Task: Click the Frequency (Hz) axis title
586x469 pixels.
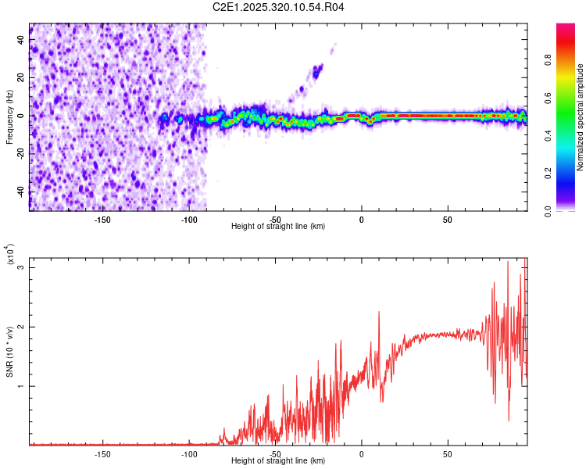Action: tap(9, 116)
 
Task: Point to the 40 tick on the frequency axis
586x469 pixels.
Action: tap(21, 39)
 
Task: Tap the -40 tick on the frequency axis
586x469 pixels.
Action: tap(21, 192)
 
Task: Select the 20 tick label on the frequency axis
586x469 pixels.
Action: tap(21, 77)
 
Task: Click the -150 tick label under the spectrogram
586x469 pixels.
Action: tap(102, 220)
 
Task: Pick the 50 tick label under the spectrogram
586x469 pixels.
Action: tap(448, 220)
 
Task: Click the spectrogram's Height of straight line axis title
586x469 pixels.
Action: tap(278, 227)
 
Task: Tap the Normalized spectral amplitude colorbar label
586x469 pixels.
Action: tap(580, 117)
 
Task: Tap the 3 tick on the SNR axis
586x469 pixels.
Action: tap(21, 267)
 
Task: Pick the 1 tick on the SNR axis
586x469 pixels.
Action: tap(21, 386)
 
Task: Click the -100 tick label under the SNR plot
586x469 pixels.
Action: tap(188, 454)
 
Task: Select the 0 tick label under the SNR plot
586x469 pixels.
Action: tap(361, 454)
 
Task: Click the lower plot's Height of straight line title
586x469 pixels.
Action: tap(278, 461)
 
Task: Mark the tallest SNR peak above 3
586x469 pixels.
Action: tap(508, 263)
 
